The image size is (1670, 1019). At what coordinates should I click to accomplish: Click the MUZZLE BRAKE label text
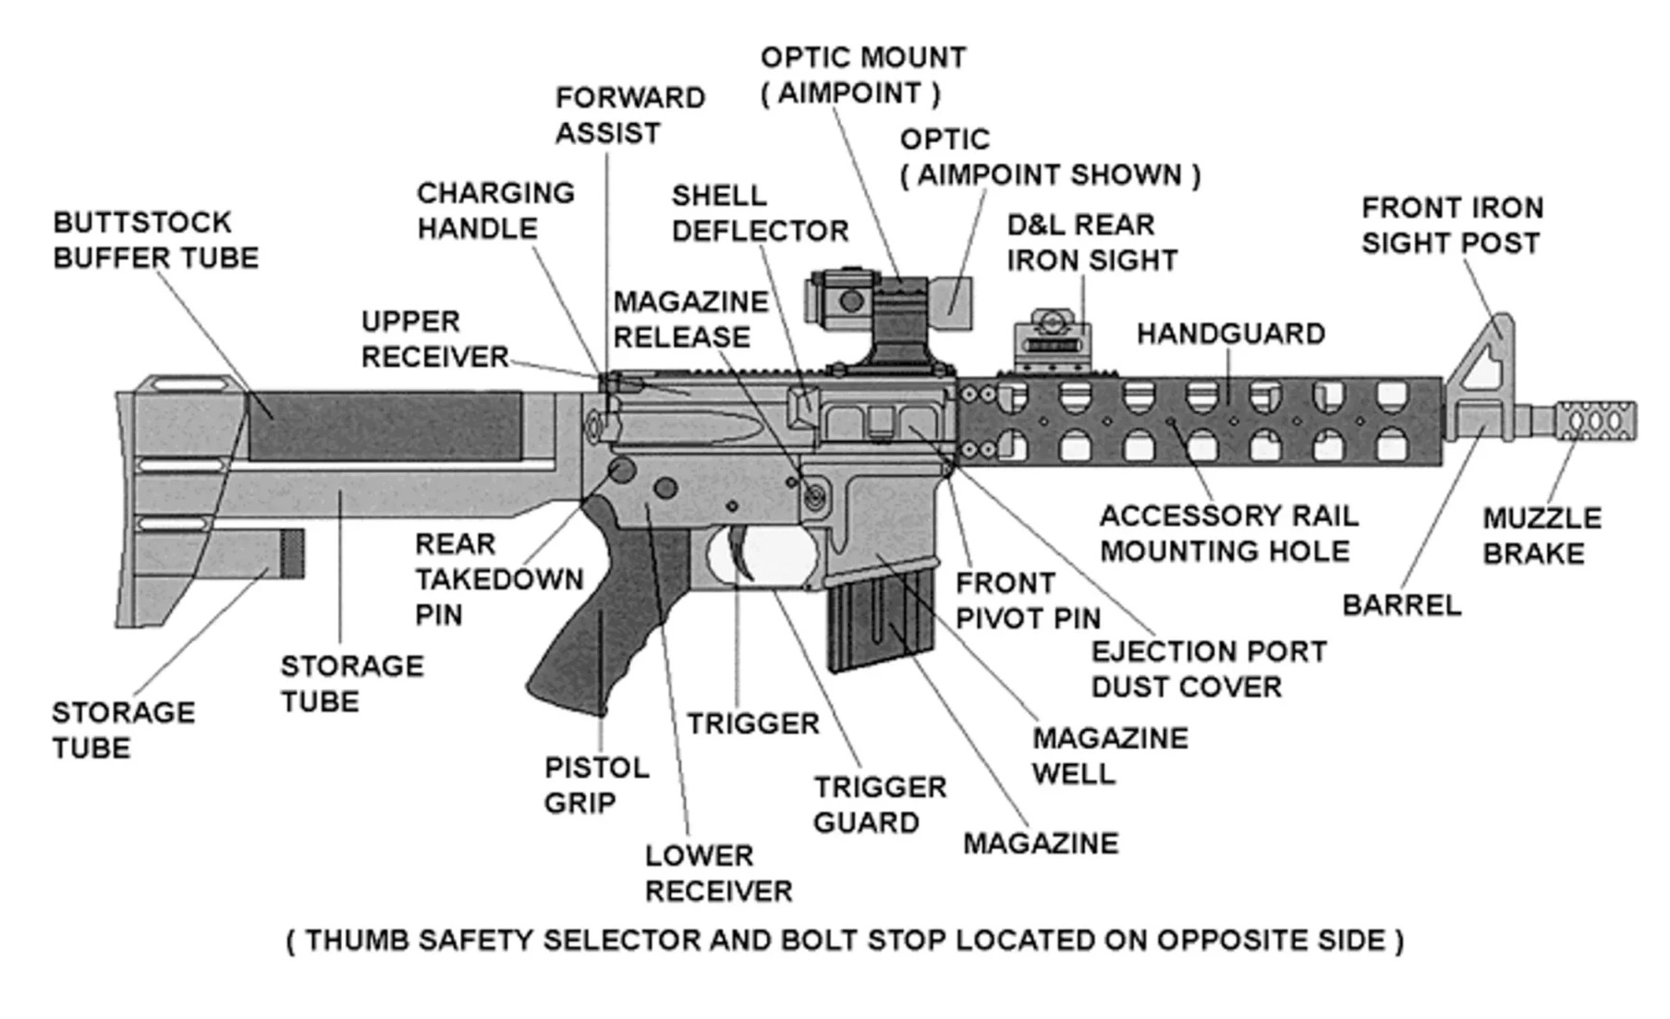(1541, 536)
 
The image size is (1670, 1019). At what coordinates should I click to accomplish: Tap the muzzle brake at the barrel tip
(1596, 421)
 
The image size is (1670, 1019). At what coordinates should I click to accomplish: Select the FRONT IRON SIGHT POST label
(1451, 225)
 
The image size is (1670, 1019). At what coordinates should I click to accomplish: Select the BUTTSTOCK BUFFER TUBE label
(155, 240)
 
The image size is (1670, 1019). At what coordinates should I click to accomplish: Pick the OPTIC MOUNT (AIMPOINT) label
(861, 75)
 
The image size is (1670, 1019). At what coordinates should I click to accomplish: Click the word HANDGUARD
(1230, 334)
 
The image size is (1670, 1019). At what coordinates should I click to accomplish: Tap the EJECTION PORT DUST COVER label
(1208, 669)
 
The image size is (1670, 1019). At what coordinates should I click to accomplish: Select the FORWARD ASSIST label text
(629, 115)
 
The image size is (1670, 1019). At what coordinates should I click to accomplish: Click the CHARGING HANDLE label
(494, 211)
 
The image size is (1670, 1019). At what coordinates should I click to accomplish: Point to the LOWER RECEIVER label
(717, 873)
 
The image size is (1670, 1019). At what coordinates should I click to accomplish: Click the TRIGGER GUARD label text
(879, 805)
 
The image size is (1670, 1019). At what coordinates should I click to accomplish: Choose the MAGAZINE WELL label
(1109, 756)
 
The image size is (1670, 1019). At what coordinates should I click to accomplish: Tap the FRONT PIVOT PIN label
(1027, 600)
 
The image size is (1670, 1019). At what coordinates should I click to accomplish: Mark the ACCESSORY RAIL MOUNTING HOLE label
(1228, 533)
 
